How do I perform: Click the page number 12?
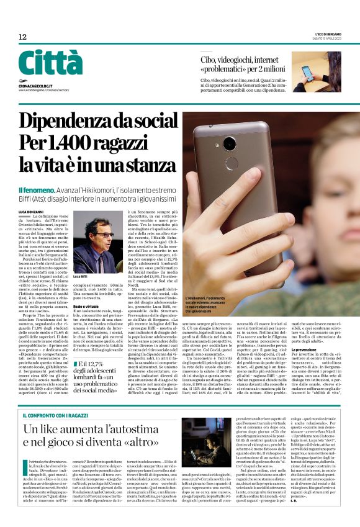coord(22,37)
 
